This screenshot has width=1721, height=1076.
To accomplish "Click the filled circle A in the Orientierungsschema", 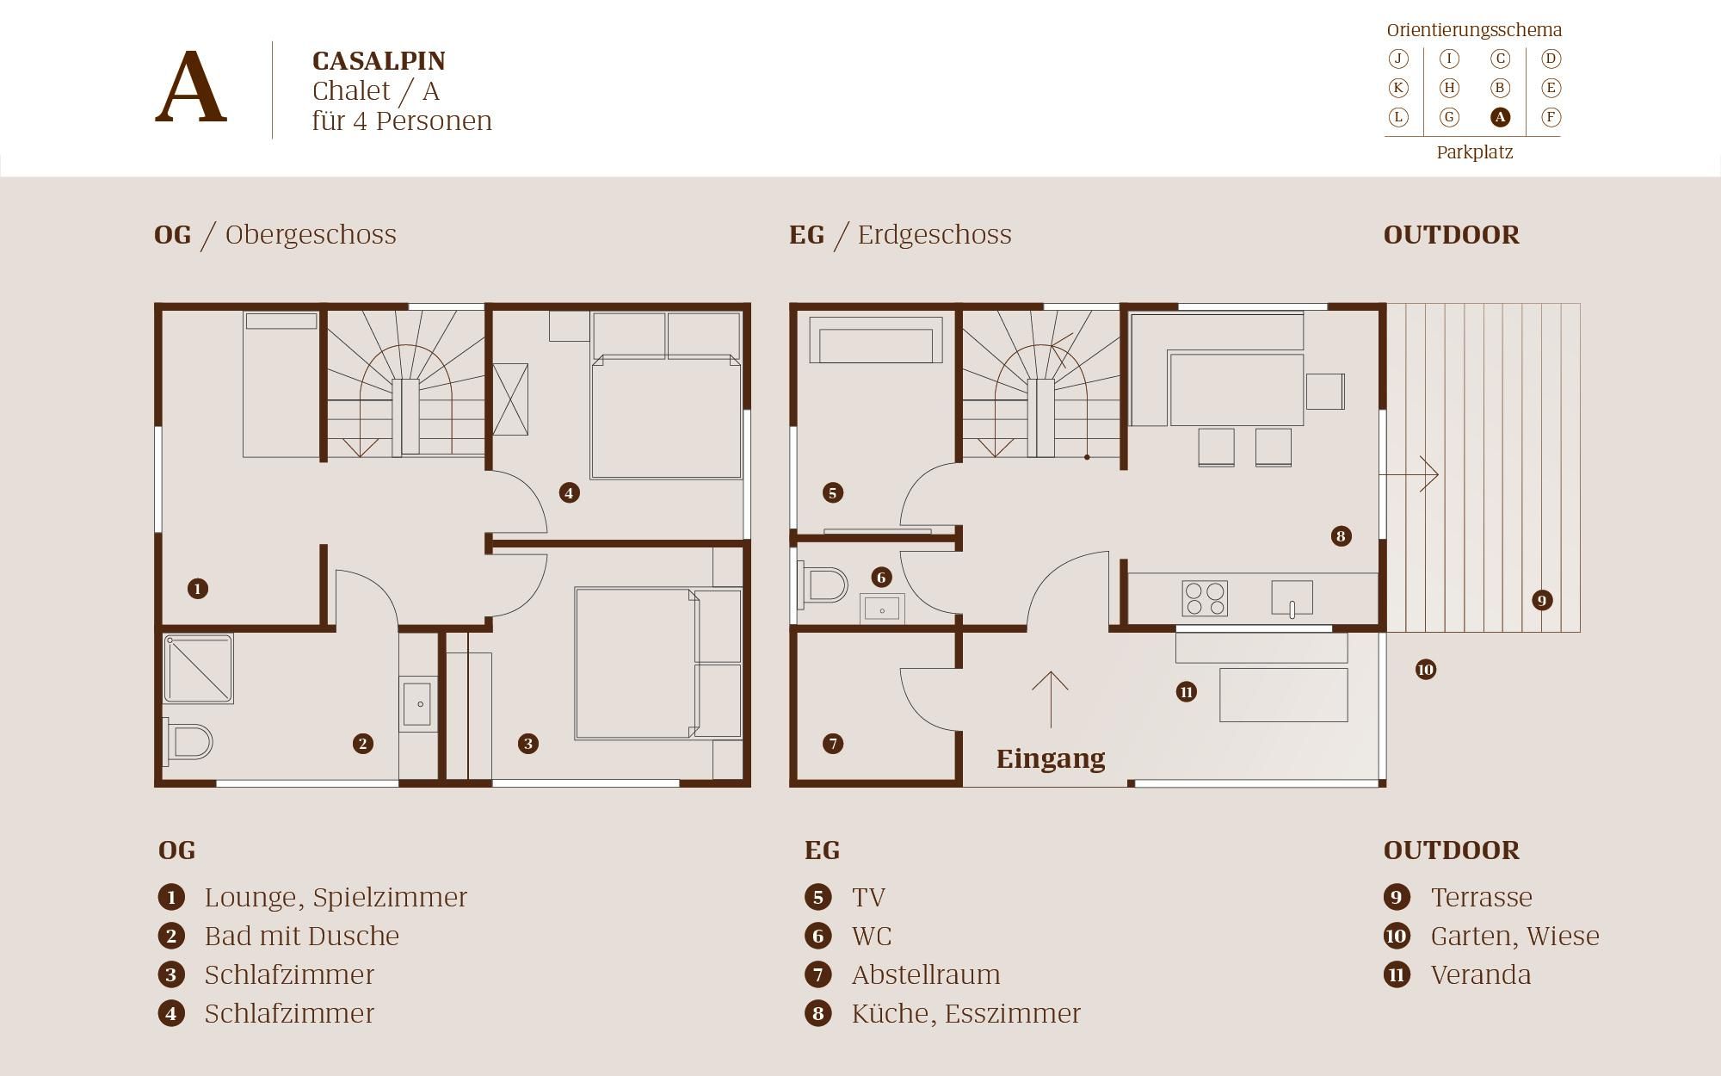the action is tap(1500, 117).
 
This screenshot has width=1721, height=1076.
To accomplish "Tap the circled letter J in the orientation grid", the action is tap(1398, 59).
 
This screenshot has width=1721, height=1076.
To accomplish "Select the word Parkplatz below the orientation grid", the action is tap(1474, 152).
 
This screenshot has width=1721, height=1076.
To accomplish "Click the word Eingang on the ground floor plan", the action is tap(1051, 758).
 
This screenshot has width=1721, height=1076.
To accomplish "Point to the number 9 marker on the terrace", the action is tap(1542, 600).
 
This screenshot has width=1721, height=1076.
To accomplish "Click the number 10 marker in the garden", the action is tap(1426, 669).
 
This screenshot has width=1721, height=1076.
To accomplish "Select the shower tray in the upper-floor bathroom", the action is tap(199, 669).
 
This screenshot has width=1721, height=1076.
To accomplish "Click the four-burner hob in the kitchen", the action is tap(1205, 598).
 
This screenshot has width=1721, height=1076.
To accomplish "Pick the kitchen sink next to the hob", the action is tap(1292, 598).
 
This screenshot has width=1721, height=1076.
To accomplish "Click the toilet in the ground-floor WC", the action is tap(823, 585).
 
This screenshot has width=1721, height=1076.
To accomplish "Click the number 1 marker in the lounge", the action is tap(198, 589).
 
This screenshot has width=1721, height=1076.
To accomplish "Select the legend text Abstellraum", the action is tap(926, 974).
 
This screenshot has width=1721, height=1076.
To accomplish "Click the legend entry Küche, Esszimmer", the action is tap(966, 1013).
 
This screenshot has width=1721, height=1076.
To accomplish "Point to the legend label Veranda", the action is tap(1481, 974).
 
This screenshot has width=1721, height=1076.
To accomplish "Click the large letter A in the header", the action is tap(191, 87).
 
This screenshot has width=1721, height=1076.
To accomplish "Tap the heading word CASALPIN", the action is tap(379, 61).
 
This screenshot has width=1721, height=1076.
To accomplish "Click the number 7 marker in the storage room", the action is tap(833, 744).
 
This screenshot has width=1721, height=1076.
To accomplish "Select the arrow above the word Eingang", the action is tap(1050, 700).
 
